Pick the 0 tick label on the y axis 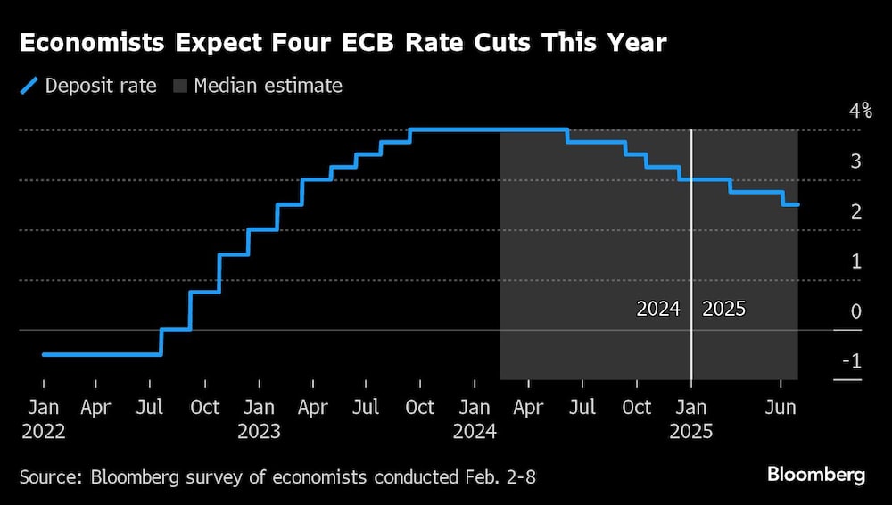(x=855, y=311)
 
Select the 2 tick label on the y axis (x=855, y=211)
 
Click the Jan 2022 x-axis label (x=43, y=418)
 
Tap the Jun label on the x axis (x=780, y=408)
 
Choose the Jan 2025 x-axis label (x=691, y=418)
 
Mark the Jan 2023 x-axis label (x=260, y=418)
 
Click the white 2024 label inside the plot (x=658, y=310)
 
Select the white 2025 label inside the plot (x=723, y=310)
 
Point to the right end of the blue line (x=797, y=205)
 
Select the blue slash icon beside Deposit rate (x=29, y=86)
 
